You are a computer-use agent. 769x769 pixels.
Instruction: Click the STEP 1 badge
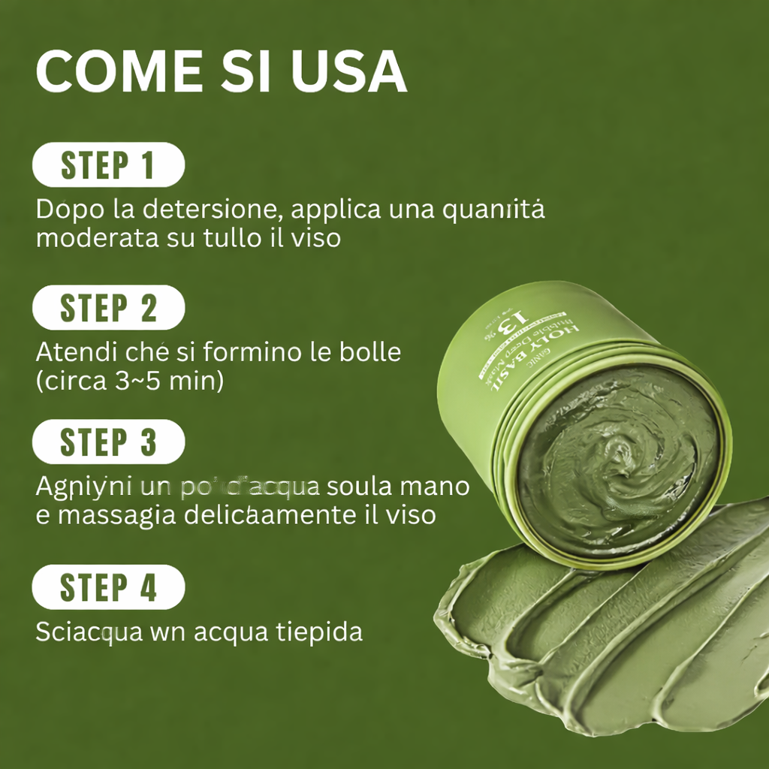coord(108,164)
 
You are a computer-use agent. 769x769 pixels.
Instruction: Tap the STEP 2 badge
coord(108,307)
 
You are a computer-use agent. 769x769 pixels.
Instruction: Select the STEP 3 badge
coord(108,442)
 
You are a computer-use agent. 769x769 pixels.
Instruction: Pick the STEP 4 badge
coord(108,587)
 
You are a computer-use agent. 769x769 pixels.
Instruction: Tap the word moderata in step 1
coord(97,238)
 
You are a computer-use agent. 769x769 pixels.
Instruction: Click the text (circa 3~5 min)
coord(129,381)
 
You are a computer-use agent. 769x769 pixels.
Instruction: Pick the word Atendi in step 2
coord(72,351)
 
